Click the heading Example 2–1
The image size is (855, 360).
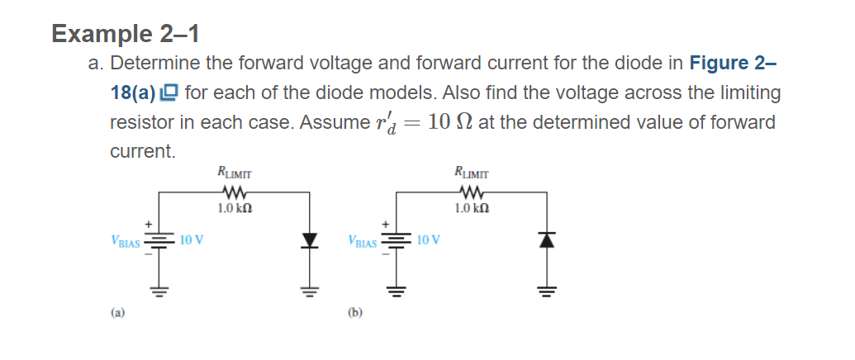point(125,34)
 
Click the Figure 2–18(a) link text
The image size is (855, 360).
point(732,64)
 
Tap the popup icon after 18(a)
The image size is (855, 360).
point(170,93)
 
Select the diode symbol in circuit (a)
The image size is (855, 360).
point(311,241)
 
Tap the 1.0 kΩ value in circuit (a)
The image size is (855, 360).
point(234,209)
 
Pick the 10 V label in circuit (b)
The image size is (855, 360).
point(429,241)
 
